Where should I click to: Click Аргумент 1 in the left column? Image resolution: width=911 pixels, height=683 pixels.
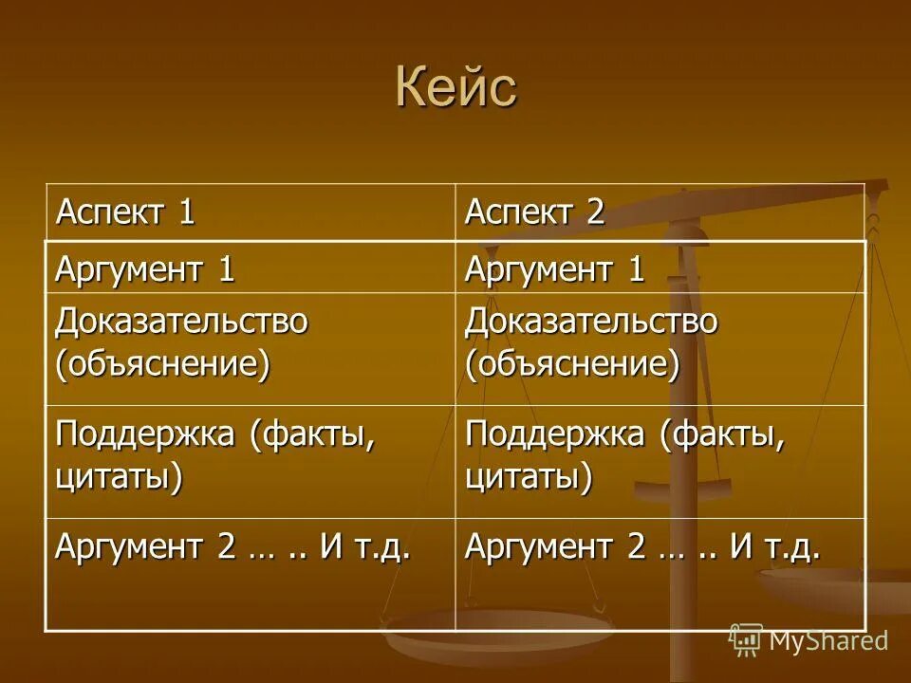[x=144, y=270]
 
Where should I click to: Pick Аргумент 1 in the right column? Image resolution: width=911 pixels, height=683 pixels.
[x=554, y=270]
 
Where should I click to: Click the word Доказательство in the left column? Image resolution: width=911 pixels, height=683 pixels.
[x=181, y=322]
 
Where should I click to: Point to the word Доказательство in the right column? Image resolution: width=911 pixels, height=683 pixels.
[x=591, y=322]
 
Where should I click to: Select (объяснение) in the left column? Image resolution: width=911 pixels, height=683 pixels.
[x=162, y=364]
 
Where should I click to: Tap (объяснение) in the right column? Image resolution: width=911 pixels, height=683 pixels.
[x=572, y=364]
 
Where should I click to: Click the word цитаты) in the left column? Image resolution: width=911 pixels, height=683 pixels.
[x=119, y=475]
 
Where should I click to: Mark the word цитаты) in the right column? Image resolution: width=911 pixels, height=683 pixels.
[x=529, y=475]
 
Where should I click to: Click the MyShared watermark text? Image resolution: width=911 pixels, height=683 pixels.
[x=828, y=640]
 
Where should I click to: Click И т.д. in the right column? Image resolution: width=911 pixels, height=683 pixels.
[x=773, y=547]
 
